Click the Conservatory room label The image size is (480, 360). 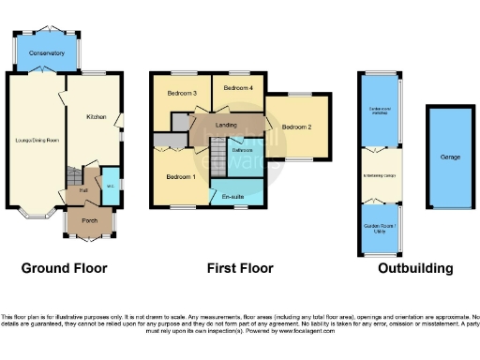coord(47,53)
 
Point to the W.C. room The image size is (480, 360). coord(109,184)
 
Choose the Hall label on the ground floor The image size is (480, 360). coord(83,190)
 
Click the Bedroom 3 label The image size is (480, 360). coord(182,94)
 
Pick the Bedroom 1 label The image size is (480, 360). coord(181,176)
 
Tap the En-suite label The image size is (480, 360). coord(234,197)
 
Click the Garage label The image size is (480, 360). coord(450,157)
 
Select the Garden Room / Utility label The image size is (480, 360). coord(379,228)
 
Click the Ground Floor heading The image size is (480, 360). coord(64,268)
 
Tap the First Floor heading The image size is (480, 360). coord(240,268)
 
